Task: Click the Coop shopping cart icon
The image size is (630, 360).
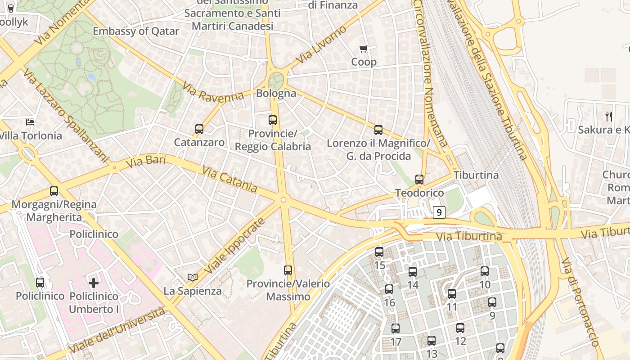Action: pos(364,49)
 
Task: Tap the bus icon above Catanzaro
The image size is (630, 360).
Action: pos(199,129)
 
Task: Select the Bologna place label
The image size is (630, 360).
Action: pos(276,94)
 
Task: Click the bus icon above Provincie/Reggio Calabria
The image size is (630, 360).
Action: pos(273,120)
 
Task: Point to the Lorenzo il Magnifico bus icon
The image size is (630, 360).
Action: pos(378,130)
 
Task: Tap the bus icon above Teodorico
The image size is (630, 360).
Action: pos(419,180)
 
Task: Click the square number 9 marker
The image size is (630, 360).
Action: pos(439,212)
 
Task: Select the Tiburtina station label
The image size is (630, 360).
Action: pos(476,175)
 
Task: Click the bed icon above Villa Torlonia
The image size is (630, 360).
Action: pos(30,122)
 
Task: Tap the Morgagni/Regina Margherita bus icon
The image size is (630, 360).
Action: pos(54,191)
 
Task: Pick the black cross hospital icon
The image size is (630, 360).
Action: pos(94,283)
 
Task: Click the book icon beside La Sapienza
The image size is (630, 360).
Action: pos(193,277)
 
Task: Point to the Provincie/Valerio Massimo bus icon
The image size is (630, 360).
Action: pos(288,270)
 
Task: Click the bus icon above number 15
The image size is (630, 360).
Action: pos(379,252)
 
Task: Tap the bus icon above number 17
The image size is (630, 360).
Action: pos(396,328)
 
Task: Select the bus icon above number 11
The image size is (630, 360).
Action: pos(452,294)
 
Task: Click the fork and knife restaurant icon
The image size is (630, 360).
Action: pos(609,117)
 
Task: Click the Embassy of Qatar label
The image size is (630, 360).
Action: pos(136,31)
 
